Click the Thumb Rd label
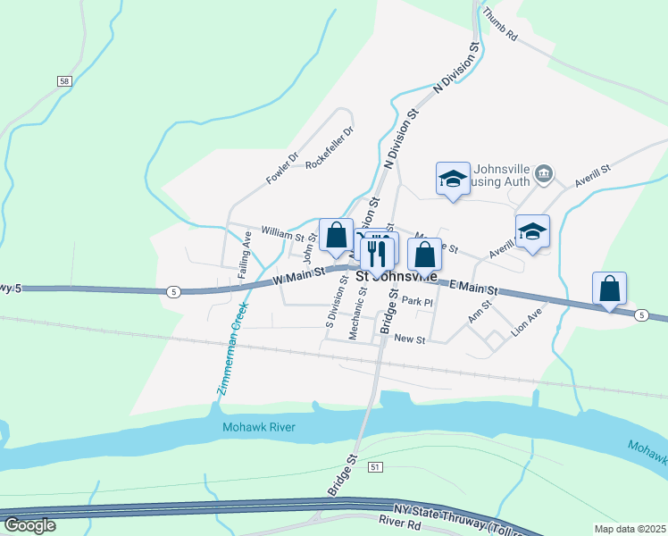pyautogui.click(x=499, y=26)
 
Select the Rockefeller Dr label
pyautogui.click(x=330, y=148)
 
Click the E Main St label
pyautogui.click(x=472, y=287)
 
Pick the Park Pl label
pyautogui.click(x=417, y=302)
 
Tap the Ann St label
pyautogui.click(x=480, y=312)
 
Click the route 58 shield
pyautogui.click(x=63, y=81)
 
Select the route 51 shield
pyautogui.click(x=375, y=467)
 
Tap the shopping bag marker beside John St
pyautogui.click(x=336, y=236)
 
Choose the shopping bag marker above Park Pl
pyautogui.click(x=425, y=255)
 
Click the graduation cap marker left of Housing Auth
pyautogui.click(x=453, y=179)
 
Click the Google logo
pyautogui.click(x=29, y=525)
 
